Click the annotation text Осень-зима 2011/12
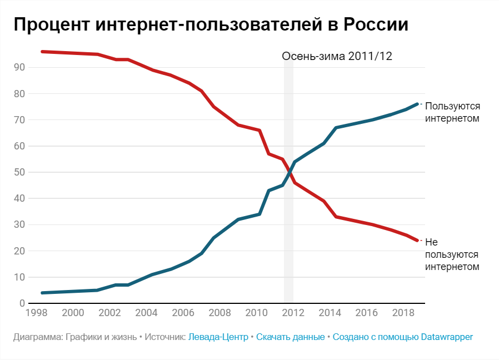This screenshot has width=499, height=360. [x=337, y=56]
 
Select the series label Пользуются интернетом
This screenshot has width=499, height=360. [x=452, y=112]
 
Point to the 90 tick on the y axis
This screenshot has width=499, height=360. [x=21, y=67]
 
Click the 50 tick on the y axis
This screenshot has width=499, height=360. [x=21, y=172]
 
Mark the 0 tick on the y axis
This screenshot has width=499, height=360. [x=23, y=303]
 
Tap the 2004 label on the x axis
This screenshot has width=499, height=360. [x=146, y=312]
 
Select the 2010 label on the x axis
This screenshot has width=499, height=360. [x=256, y=312]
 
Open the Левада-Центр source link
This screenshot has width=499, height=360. [x=218, y=337]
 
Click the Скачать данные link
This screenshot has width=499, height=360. [x=290, y=337]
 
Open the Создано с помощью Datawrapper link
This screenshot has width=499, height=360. [x=403, y=337]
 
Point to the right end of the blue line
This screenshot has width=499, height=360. [x=417, y=104]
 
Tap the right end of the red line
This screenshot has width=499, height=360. [x=417, y=241]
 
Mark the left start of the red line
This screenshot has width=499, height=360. [x=42, y=52]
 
